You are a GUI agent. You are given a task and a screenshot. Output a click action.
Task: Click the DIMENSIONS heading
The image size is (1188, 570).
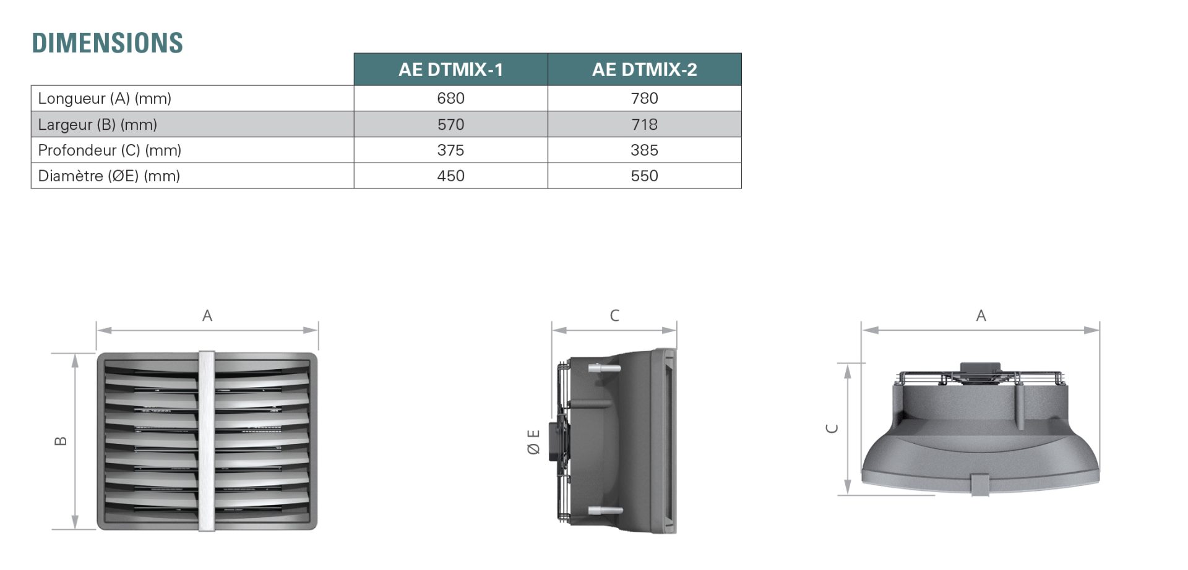click(108, 43)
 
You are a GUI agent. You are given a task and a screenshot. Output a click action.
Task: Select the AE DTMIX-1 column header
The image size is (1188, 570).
click(450, 69)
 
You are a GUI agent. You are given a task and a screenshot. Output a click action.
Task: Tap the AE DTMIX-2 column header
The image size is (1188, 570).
click(644, 69)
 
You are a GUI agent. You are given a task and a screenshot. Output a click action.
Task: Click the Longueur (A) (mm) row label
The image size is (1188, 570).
click(105, 98)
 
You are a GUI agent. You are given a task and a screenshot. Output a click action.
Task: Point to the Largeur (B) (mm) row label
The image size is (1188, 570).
click(97, 124)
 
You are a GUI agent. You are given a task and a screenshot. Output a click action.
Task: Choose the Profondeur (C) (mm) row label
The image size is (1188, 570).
click(110, 150)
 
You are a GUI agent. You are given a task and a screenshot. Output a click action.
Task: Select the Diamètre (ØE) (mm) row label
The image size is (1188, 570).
click(109, 176)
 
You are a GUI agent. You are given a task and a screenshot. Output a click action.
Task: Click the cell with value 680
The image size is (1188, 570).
click(450, 98)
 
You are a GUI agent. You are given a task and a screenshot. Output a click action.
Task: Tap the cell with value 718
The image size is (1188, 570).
click(644, 124)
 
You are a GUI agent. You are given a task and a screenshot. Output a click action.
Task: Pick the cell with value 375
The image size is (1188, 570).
click(450, 150)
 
